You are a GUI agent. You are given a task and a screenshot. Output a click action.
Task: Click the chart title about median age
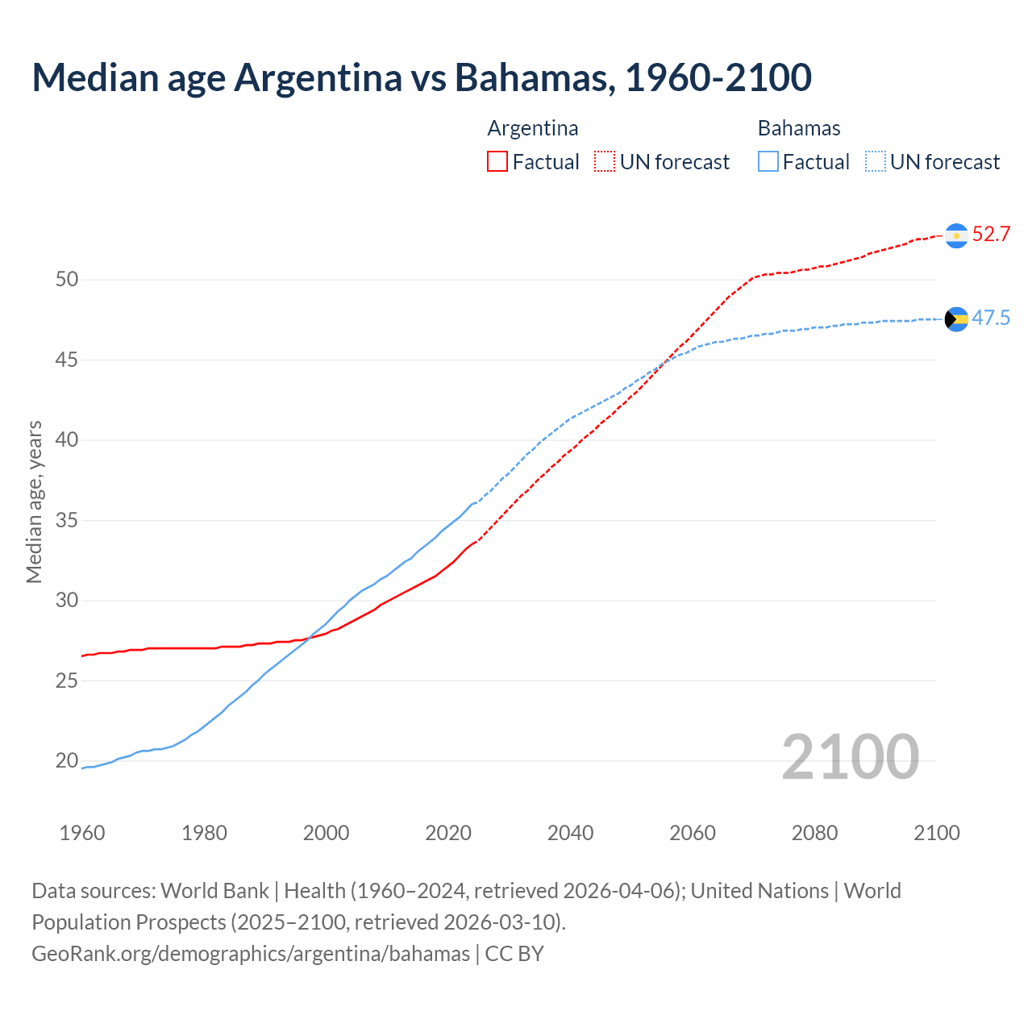(422, 77)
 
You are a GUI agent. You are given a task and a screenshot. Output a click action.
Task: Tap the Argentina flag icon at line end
(956, 235)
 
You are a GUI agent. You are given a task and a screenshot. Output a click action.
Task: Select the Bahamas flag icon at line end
(956, 319)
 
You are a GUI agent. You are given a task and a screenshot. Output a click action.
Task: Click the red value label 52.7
(991, 235)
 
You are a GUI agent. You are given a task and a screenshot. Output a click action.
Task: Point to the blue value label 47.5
(991, 318)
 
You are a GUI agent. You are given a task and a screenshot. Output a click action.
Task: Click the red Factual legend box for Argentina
(497, 162)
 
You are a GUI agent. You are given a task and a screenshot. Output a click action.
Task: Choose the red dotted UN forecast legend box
(605, 162)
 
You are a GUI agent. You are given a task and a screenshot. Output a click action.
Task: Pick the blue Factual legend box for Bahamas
(768, 162)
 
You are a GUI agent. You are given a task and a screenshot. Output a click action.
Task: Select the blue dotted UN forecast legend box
(876, 162)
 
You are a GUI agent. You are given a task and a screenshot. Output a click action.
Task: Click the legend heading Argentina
(533, 128)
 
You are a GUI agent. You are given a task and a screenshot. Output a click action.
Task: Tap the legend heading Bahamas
(799, 128)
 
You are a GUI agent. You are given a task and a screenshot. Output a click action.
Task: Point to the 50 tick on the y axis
(67, 280)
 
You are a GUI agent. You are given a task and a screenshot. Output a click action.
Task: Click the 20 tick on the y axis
(67, 760)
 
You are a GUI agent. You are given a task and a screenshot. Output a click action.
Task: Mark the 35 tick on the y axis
(67, 520)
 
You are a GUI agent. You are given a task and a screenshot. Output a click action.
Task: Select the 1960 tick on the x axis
(82, 833)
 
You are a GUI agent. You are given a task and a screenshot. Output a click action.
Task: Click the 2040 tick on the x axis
(570, 833)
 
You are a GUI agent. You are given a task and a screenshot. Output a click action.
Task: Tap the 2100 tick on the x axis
(936, 833)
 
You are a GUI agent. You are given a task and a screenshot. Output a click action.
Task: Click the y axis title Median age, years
(34, 501)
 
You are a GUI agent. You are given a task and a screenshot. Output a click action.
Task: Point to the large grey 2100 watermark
(850, 756)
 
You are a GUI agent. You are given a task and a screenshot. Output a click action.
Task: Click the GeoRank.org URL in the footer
(251, 954)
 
